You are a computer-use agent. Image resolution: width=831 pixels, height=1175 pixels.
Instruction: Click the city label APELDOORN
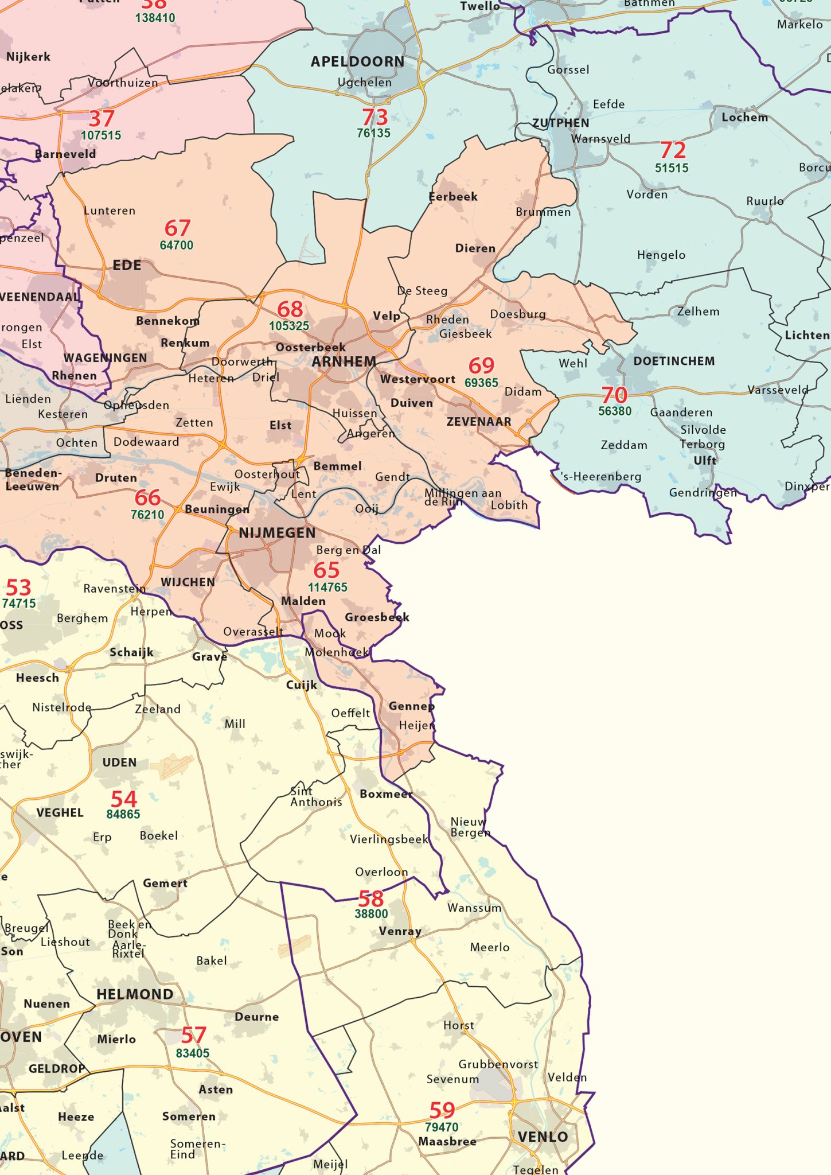(x=357, y=61)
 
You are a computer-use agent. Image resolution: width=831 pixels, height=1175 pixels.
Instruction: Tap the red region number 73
(x=375, y=118)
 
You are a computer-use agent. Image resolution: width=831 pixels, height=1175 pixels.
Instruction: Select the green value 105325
(x=289, y=326)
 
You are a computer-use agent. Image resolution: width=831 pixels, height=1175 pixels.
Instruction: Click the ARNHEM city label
(x=344, y=361)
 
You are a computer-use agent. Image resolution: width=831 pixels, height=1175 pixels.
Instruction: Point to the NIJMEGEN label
(x=277, y=533)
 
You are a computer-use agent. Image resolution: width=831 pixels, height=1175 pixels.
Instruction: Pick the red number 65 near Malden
(x=326, y=570)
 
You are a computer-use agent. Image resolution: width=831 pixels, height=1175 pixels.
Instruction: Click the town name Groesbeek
(x=377, y=617)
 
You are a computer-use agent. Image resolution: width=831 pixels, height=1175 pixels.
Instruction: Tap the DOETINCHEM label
(x=674, y=361)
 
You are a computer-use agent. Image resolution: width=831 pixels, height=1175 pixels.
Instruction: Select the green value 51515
(x=672, y=168)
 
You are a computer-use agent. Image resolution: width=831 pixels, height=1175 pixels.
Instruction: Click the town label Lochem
(x=744, y=118)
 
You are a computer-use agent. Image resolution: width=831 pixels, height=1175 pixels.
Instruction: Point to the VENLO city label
(x=543, y=1137)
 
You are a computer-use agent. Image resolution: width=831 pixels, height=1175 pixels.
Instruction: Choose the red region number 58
(x=371, y=898)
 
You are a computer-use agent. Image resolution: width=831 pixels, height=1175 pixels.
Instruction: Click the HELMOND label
(x=135, y=994)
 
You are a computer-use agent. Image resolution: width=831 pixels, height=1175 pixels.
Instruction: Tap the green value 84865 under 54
(x=123, y=814)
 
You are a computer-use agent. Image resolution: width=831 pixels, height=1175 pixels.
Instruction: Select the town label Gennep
(x=411, y=706)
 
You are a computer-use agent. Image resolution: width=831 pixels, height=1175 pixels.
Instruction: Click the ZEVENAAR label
(x=479, y=422)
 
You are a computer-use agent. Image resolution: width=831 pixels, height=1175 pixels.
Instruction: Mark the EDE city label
(x=127, y=265)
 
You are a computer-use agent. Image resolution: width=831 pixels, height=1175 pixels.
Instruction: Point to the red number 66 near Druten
(x=147, y=497)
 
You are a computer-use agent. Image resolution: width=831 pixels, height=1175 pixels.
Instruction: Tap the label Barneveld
(x=65, y=154)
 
